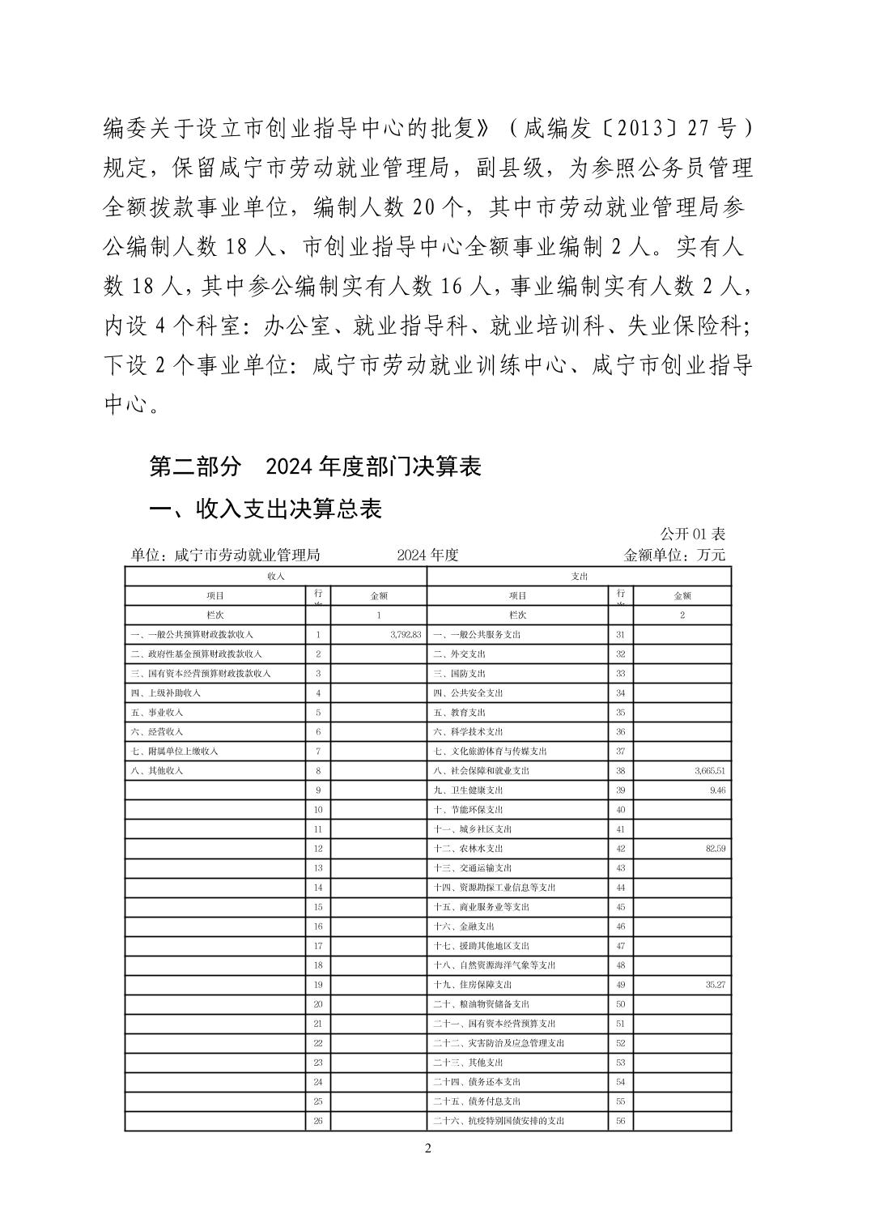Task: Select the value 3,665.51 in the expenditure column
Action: (x=710, y=771)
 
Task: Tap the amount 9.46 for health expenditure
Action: (x=717, y=790)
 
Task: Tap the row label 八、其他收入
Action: (x=157, y=771)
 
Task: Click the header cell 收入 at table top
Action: (x=275, y=576)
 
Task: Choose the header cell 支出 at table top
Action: (x=579, y=576)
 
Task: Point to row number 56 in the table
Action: (x=620, y=1121)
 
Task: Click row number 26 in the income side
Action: (x=318, y=1121)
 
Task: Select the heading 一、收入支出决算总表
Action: (x=266, y=509)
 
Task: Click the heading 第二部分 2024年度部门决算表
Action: (x=316, y=466)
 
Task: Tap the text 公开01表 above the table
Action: (x=693, y=534)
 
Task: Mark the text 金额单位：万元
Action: (x=674, y=555)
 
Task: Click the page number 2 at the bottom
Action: (x=428, y=1148)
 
